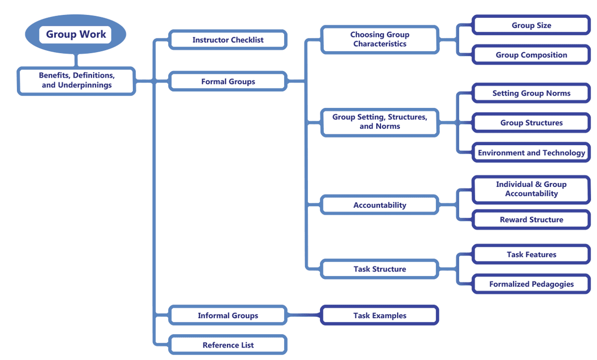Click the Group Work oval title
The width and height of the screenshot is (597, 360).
[x=76, y=34]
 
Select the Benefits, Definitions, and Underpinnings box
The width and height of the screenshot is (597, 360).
[x=77, y=81]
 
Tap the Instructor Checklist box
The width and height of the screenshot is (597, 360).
[x=228, y=40]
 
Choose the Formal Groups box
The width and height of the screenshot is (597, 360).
[x=228, y=81]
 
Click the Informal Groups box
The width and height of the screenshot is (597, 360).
[x=228, y=315]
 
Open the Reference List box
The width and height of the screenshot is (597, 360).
[x=228, y=345]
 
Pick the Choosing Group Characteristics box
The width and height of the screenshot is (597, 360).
[x=380, y=39]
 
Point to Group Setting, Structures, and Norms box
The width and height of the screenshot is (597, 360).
[x=380, y=122]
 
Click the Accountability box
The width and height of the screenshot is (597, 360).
[x=380, y=205]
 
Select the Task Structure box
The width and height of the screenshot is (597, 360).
[x=380, y=269]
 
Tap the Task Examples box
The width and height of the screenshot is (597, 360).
[x=380, y=315]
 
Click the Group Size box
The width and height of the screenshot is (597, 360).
[x=531, y=25]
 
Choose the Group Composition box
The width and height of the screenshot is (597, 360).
[x=531, y=55]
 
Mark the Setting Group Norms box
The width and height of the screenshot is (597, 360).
[x=531, y=93]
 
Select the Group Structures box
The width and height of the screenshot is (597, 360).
[x=531, y=123]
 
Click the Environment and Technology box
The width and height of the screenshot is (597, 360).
[x=531, y=153]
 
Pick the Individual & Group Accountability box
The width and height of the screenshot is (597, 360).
[x=531, y=189]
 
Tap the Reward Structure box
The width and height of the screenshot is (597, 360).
[x=531, y=219]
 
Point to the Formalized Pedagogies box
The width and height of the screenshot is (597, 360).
[x=531, y=284]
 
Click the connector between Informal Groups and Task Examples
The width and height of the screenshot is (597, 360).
[x=304, y=315]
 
